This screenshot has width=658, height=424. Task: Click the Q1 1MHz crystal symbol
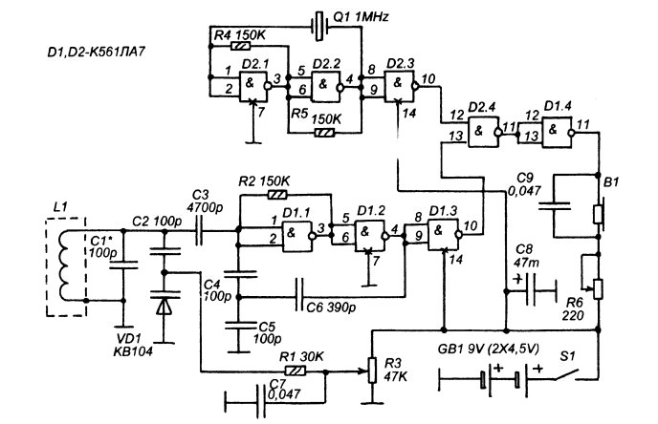(319, 27)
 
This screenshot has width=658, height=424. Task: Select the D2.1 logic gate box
(253, 87)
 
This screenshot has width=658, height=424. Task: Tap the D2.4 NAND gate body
(484, 131)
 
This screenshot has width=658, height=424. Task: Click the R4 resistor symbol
(240, 46)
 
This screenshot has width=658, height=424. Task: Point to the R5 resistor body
(324, 134)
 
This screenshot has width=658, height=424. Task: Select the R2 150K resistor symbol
(277, 195)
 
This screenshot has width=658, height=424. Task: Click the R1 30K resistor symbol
(296, 371)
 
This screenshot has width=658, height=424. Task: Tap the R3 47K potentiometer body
(372, 371)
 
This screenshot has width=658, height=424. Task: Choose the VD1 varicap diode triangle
(164, 306)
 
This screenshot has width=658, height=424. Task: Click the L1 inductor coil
(65, 265)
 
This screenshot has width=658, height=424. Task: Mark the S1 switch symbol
(567, 375)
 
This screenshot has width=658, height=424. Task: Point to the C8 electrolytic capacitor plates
(532, 290)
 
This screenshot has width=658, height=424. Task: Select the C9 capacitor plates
(555, 205)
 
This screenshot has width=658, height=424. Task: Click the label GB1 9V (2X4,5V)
(488, 349)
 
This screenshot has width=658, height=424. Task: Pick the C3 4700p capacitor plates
(200, 230)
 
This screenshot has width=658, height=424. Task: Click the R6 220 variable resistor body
(598, 289)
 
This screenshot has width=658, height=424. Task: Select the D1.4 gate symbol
(558, 132)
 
